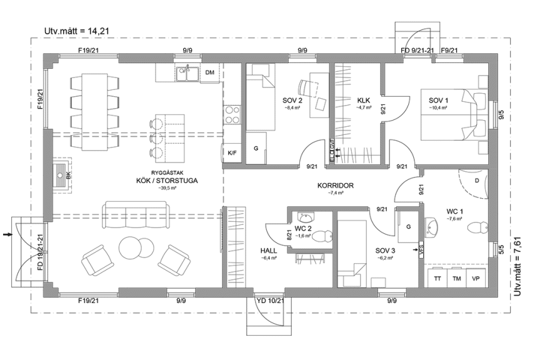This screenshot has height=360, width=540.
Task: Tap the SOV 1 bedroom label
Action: click(x=438, y=100)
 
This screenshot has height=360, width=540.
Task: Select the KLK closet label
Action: click(x=364, y=100)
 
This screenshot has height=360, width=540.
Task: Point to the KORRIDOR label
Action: click(x=336, y=186)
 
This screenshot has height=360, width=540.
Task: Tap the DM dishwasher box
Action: click(x=210, y=72)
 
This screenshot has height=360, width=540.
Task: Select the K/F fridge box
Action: click(x=232, y=152)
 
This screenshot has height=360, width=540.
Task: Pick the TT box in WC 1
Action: click(x=437, y=278)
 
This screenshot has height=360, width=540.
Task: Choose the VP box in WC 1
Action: click(x=476, y=278)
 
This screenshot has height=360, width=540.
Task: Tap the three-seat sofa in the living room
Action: click(x=136, y=211)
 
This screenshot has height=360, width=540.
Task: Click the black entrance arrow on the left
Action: click(x=7, y=235)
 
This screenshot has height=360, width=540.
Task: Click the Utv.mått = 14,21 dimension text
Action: click(x=71, y=31)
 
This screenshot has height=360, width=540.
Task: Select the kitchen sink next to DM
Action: click(x=187, y=73)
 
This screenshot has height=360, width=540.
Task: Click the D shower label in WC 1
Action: click(x=477, y=181)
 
